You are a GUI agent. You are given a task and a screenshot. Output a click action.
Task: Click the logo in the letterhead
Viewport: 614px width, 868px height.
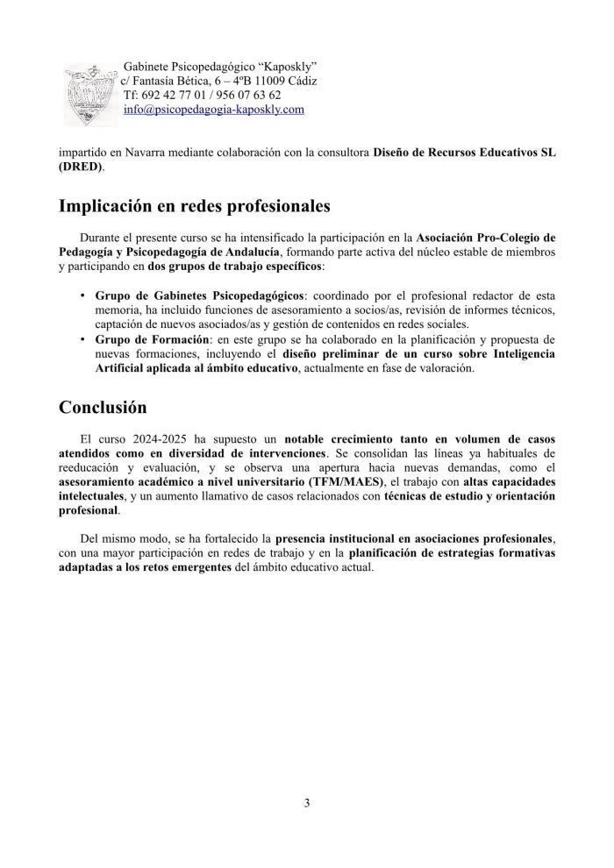point(90,95)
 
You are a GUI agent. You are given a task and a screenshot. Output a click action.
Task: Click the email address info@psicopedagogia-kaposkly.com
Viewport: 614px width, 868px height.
point(214,110)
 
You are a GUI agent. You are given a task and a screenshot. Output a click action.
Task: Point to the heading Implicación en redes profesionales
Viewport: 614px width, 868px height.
point(194,207)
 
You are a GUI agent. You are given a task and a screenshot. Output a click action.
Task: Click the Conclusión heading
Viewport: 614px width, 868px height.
point(103,408)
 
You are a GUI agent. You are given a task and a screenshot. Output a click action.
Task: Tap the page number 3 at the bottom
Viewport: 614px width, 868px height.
point(307,803)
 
